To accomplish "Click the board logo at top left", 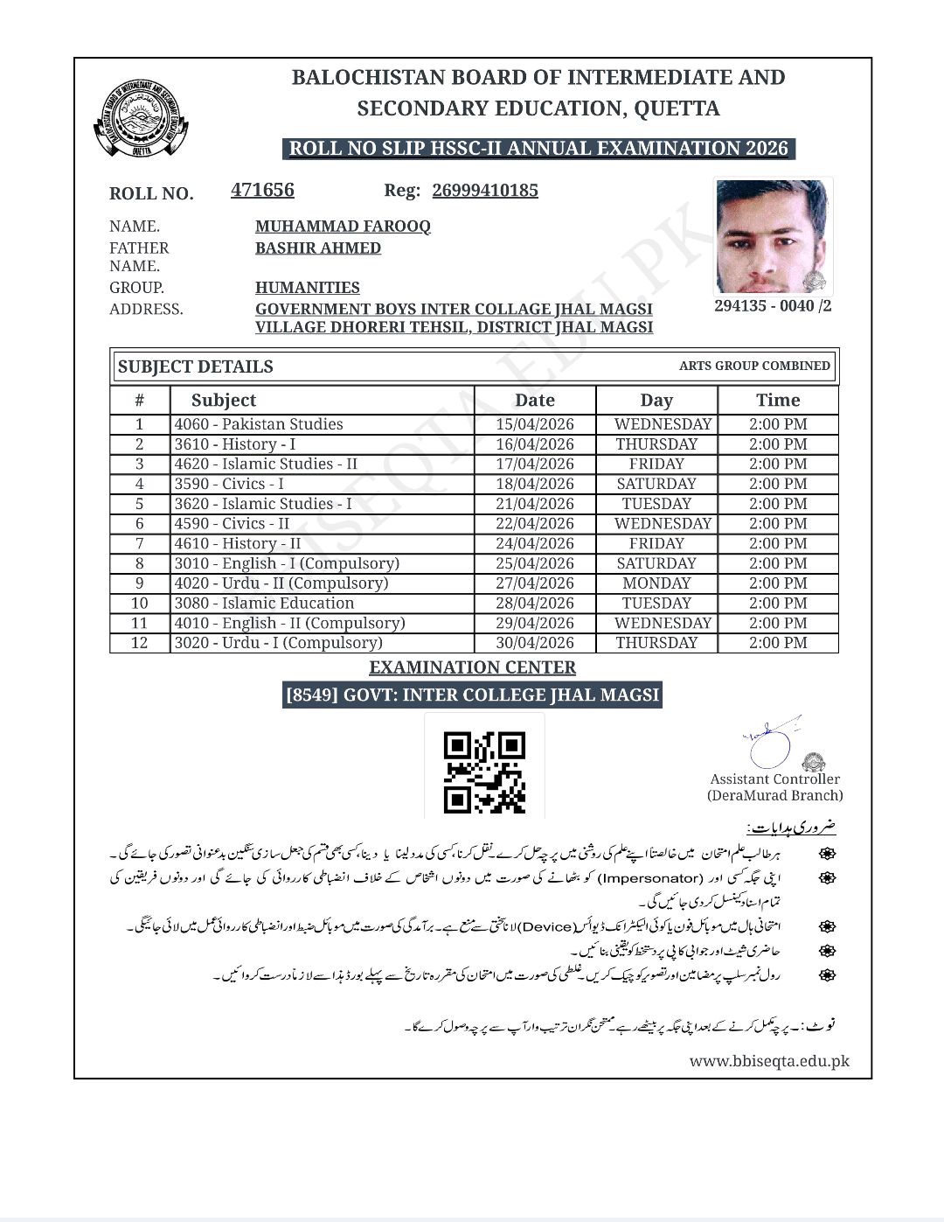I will [x=141, y=120].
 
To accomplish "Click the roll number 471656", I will [x=262, y=190].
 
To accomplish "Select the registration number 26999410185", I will [x=485, y=191].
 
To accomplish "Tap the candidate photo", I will [x=773, y=236].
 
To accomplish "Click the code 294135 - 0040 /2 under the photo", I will [x=773, y=306].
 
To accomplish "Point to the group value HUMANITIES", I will [x=307, y=288].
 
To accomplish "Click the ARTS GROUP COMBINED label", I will [x=754, y=366].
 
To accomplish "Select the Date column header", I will [x=535, y=401].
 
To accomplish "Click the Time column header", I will [x=778, y=401].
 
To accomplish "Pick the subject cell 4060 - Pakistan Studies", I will [x=259, y=424].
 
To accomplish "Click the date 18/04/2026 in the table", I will [x=535, y=484].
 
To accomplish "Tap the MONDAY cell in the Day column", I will [x=656, y=583].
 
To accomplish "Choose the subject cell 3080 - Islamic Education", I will [x=264, y=604].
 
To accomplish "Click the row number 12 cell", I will [x=139, y=643].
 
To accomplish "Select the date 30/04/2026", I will [x=535, y=643].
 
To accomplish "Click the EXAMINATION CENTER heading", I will [x=472, y=667].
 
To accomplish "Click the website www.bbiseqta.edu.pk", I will [x=769, y=1061].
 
